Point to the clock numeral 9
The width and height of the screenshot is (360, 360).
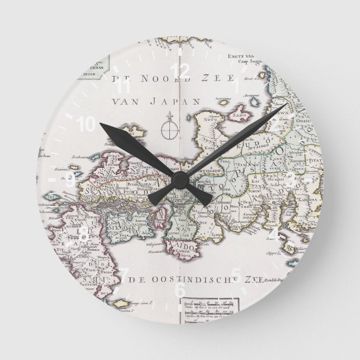(x=70, y=179)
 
